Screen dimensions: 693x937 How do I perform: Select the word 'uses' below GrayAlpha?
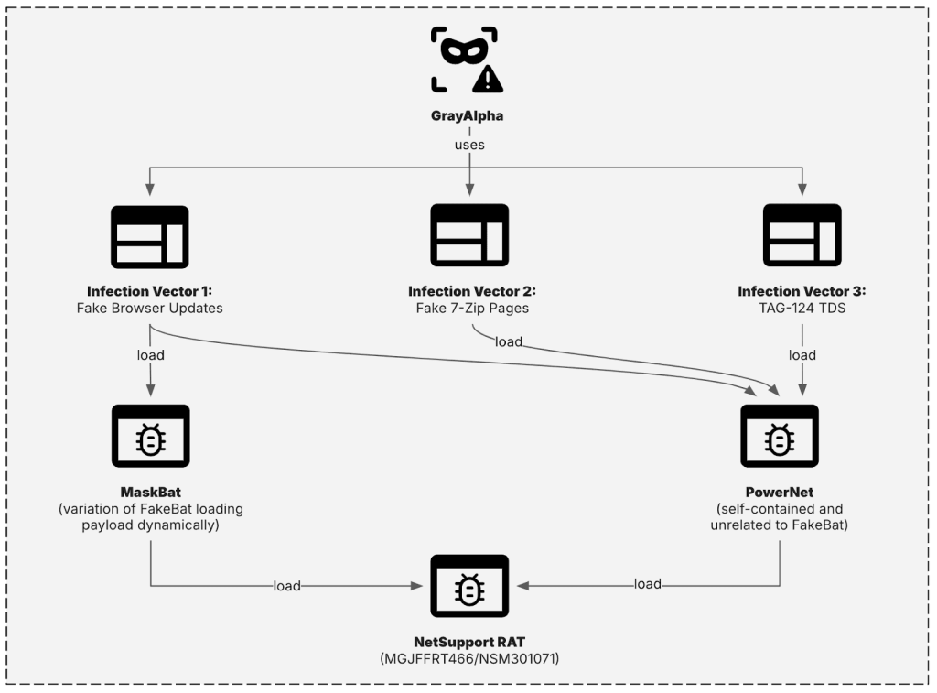pyautogui.click(x=469, y=146)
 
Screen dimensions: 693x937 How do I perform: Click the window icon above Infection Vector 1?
pyautogui.click(x=149, y=236)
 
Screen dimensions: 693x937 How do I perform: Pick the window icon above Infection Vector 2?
pyautogui.click(x=469, y=235)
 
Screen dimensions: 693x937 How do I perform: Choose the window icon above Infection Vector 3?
pyautogui.click(x=802, y=235)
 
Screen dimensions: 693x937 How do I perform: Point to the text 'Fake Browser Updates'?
pyautogui.click(x=149, y=309)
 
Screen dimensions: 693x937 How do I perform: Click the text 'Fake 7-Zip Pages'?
pyautogui.click(x=471, y=309)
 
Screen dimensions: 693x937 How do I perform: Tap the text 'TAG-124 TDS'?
pyautogui.click(x=802, y=309)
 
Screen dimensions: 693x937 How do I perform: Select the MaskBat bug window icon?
pyautogui.click(x=149, y=437)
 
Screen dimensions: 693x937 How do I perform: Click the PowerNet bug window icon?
pyautogui.click(x=779, y=437)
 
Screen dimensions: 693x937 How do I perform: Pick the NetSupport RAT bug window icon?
pyautogui.click(x=469, y=587)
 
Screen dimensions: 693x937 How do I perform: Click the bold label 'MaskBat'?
pyautogui.click(x=149, y=493)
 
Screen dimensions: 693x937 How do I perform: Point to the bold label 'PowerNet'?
pyautogui.click(x=779, y=493)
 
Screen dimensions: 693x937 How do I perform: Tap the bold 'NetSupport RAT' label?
pyautogui.click(x=469, y=642)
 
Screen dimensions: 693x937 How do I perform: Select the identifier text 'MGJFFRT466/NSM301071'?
pyautogui.click(x=469, y=658)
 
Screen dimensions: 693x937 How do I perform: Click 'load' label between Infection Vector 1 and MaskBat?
pyautogui.click(x=149, y=355)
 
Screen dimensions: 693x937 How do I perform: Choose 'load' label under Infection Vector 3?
pyautogui.click(x=802, y=355)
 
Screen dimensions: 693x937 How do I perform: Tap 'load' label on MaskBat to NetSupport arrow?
pyautogui.click(x=286, y=586)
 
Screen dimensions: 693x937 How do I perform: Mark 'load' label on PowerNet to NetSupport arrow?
pyautogui.click(x=648, y=584)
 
